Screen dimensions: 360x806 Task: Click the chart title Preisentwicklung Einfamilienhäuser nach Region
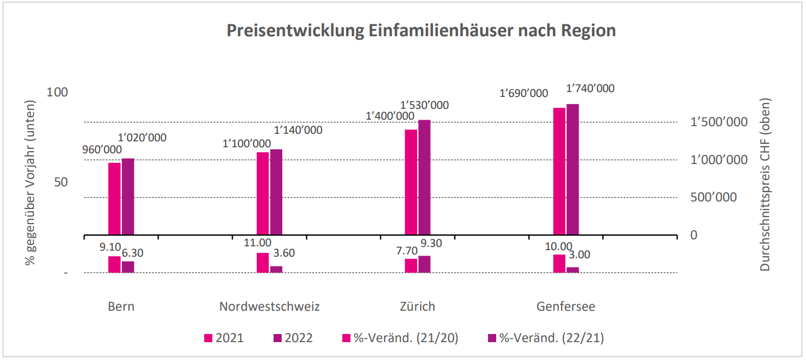[x=421, y=31]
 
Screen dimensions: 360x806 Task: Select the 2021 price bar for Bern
[x=114, y=199]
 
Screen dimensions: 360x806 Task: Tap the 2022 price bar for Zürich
[x=424, y=178]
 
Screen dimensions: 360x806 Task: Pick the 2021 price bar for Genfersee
[x=559, y=172]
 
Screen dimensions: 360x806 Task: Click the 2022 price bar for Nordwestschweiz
[x=276, y=192]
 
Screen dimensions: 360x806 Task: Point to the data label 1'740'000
[x=590, y=88]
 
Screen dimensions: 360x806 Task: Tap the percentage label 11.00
[x=258, y=243]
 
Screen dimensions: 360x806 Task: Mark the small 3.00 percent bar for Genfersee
[x=573, y=270]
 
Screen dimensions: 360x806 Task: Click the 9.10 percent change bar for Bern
[x=114, y=264]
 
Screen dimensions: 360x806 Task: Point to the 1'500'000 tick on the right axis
[x=714, y=122]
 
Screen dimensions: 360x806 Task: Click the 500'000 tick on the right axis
[x=714, y=197]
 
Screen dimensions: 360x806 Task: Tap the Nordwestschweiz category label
[x=269, y=306]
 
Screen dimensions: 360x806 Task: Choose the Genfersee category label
[x=565, y=306]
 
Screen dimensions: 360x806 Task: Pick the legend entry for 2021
[x=223, y=338]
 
